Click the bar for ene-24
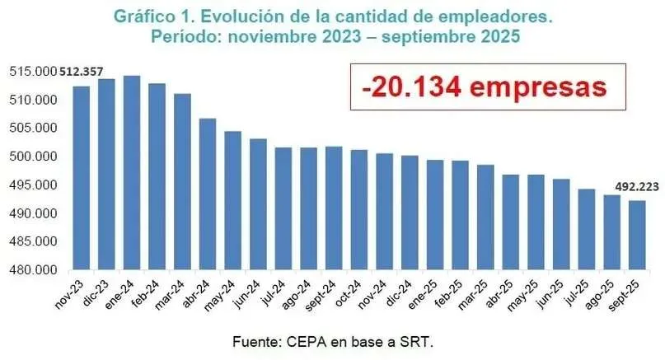(x=131, y=172)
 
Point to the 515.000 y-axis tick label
(x=32, y=72)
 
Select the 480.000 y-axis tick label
(x=32, y=269)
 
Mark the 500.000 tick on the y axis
(x=32, y=157)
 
